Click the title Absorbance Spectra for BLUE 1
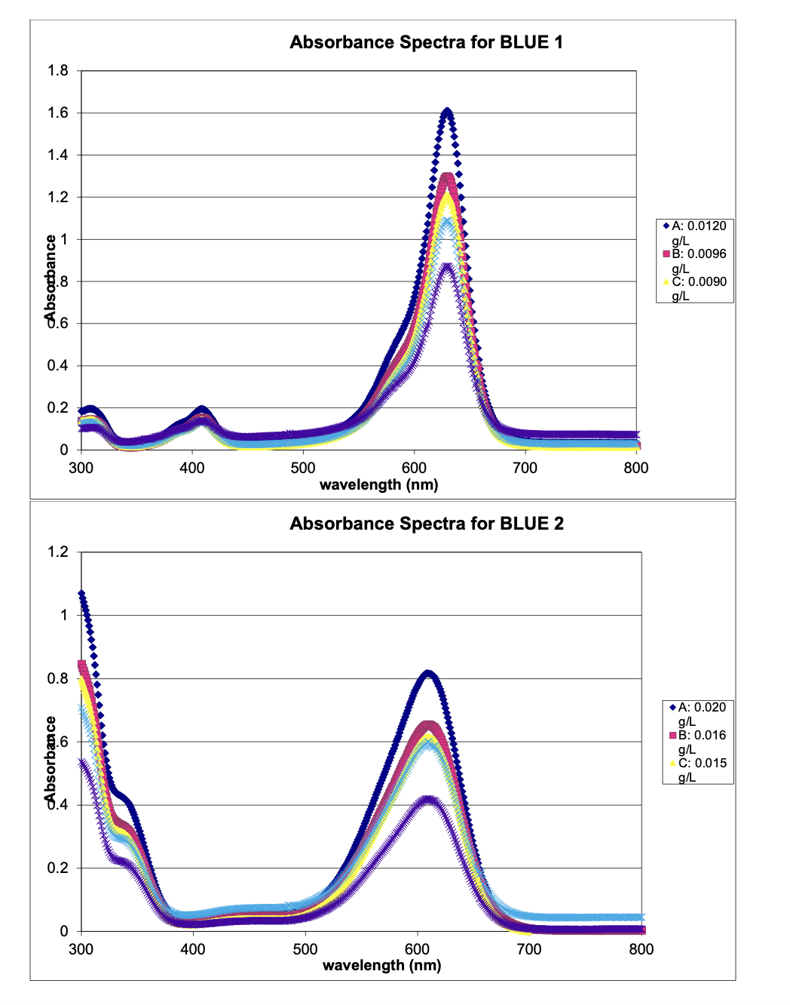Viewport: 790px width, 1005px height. tap(426, 42)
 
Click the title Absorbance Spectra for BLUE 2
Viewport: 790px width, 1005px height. tap(427, 524)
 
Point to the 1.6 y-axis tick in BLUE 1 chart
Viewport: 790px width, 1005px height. tap(58, 113)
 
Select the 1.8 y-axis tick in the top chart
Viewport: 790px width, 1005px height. tap(58, 71)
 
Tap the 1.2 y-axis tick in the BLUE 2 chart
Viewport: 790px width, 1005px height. tap(58, 552)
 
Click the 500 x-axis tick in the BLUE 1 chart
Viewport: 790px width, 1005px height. tap(303, 468)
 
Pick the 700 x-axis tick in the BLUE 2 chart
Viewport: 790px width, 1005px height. tap(529, 949)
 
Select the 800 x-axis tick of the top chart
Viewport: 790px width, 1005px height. tap(635, 468)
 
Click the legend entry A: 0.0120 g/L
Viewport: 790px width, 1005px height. tap(698, 232)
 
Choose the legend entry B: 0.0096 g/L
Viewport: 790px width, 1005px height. tap(698, 260)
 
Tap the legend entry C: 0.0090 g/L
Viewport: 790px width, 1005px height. tap(698, 287)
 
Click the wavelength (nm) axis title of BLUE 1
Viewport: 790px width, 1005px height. tap(378, 484)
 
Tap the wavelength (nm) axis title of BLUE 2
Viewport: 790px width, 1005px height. tap(381, 965)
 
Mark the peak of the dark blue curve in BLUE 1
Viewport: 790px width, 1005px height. tap(447, 112)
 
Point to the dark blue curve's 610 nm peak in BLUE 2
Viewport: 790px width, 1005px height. tap(428, 673)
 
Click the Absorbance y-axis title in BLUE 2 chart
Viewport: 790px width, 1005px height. tap(50, 758)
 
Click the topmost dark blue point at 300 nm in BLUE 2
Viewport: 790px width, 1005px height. tap(81, 593)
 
